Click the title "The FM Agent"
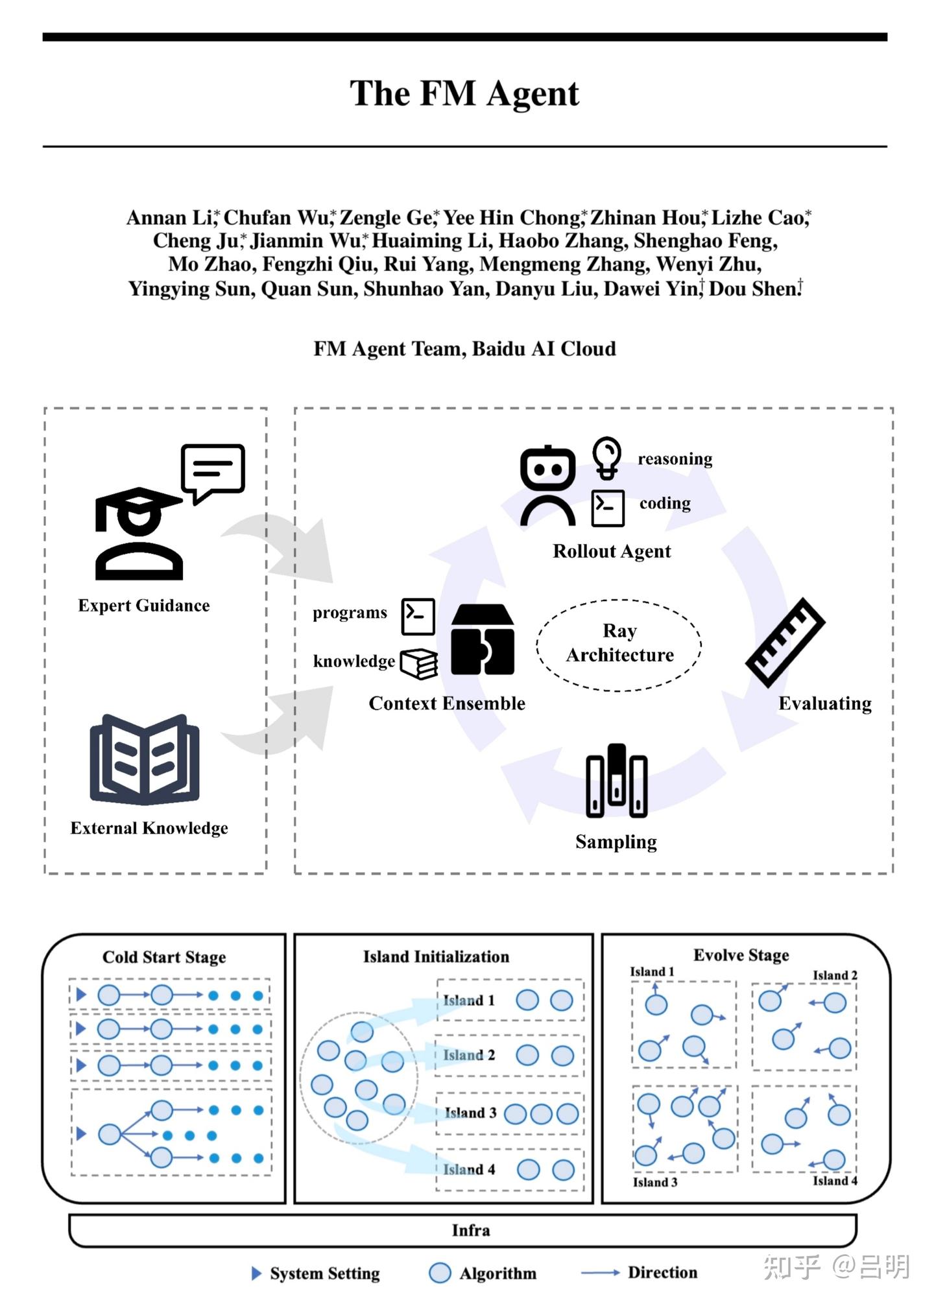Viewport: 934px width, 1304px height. click(x=464, y=93)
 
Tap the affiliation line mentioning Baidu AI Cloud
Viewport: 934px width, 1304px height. click(x=464, y=349)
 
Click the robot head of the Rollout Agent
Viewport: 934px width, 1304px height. click(x=547, y=468)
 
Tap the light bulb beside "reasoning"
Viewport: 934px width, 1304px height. click(x=607, y=456)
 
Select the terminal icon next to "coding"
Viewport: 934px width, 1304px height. click(x=608, y=508)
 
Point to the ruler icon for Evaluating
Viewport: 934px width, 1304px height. click(x=785, y=642)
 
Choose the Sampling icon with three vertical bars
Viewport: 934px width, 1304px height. click(x=616, y=781)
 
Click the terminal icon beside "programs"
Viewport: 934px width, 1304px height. click(x=418, y=616)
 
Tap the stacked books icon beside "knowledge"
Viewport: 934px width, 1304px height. click(x=419, y=663)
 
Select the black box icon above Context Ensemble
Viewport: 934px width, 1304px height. click(x=483, y=640)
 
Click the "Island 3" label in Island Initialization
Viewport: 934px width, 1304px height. click(x=470, y=1113)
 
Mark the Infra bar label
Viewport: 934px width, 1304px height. click(x=471, y=1230)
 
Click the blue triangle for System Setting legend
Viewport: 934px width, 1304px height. click(x=256, y=1273)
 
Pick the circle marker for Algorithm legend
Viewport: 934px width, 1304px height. click(x=440, y=1273)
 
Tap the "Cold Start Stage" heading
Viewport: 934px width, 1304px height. click(x=164, y=957)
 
